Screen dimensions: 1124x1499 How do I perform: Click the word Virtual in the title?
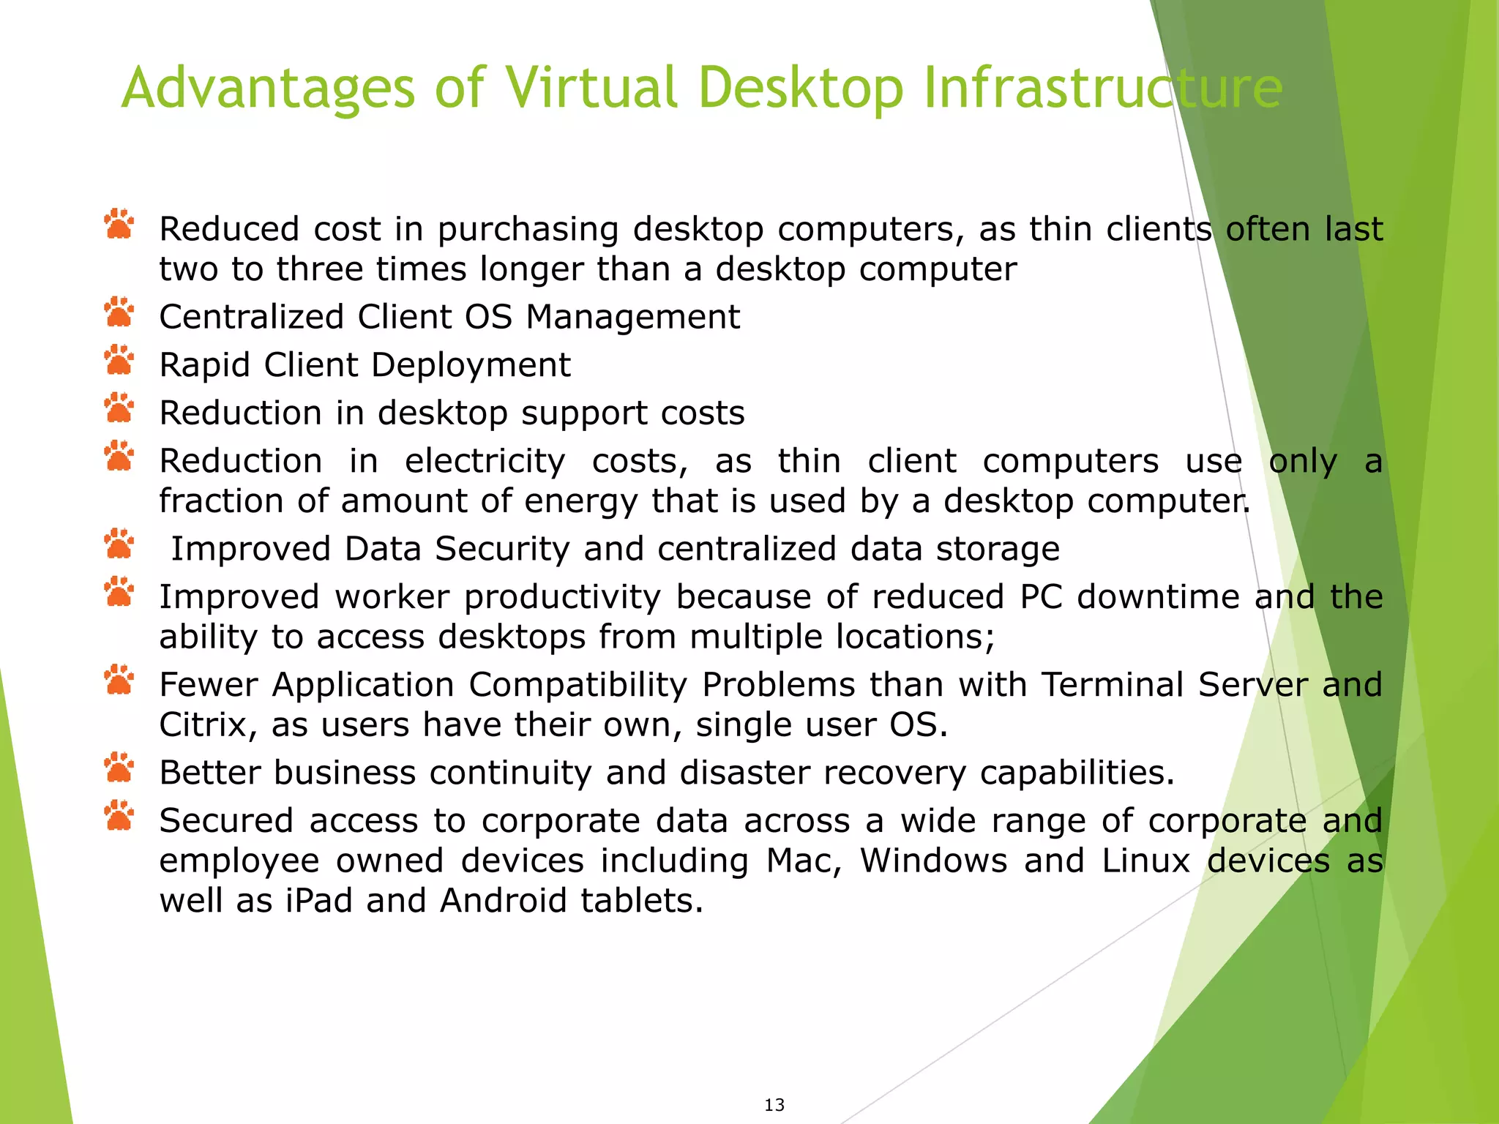(x=599, y=88)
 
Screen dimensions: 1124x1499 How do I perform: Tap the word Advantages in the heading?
(x=267, y=88)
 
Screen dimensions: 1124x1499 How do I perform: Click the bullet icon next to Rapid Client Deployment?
(x=119, y=361)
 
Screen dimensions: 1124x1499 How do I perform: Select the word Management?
(x=633, y=317)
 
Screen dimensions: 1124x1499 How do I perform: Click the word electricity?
(x=485, y=461)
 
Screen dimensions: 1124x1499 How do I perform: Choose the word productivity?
(x=562, y=597)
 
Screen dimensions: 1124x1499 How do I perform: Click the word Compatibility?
(x=577, y=685)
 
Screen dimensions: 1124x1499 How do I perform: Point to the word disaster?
(x=744, y=773)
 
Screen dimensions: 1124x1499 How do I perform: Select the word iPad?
(x=319, y=900)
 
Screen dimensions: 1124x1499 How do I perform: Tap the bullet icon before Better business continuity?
(x=119, y=769)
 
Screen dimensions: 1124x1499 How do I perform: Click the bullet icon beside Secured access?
(x=119, y=817)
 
